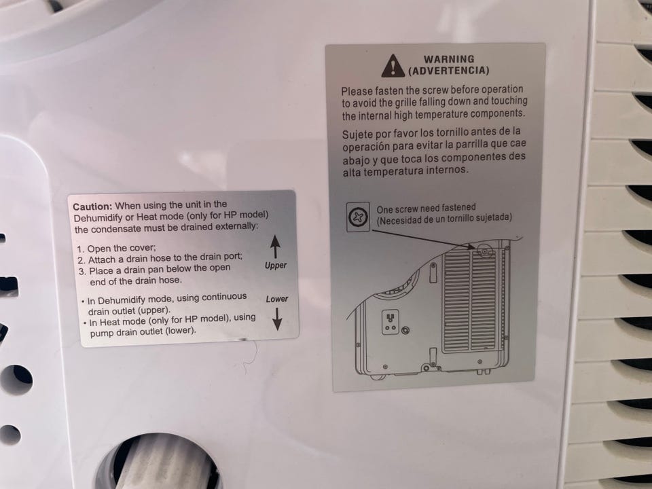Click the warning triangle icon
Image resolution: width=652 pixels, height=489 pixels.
point(393,67)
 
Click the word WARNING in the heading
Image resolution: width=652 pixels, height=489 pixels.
point(449,59)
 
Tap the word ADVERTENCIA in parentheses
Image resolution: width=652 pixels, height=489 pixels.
point(449,70)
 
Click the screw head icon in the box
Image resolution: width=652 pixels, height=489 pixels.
point(358,217)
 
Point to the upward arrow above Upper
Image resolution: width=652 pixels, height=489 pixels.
point(275,247)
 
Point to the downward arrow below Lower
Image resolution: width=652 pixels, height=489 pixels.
point(277,319)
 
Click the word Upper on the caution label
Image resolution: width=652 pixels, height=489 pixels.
point(276,266)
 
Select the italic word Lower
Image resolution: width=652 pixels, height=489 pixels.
point(277,299)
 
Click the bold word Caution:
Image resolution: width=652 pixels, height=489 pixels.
point(92,206)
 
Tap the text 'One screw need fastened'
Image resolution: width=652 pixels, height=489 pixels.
point(427,208)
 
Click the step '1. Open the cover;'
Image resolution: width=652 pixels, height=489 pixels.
point(116,249)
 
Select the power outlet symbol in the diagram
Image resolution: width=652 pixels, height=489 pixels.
point(390,322)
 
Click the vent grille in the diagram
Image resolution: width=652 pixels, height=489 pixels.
point(470,300)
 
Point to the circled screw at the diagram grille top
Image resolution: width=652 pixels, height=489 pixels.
point(484,251)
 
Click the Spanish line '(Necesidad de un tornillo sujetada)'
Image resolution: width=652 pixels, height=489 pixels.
point(444,219)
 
